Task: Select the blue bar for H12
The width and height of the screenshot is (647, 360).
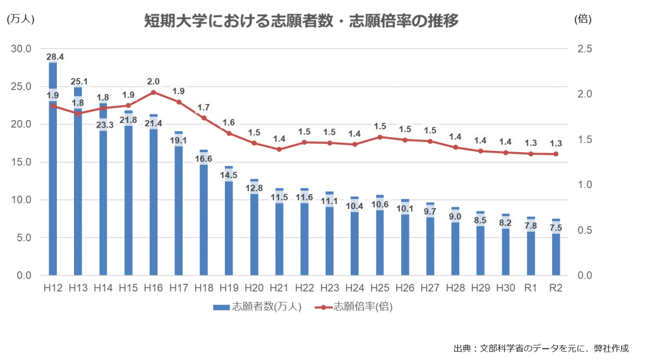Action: [x=53, y=189]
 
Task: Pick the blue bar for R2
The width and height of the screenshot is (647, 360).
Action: [x=556, y=256]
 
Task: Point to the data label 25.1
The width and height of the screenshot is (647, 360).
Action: [x=78, y=81]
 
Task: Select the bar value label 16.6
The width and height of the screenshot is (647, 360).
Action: [x=204, y=159]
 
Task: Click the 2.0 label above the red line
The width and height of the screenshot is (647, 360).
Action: [x=154, y=81]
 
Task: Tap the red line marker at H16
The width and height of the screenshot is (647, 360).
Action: [x=154, y=92]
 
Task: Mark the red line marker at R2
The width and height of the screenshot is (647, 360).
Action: [x=556, y=154]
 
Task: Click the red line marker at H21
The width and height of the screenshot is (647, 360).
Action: [x=279, y=149]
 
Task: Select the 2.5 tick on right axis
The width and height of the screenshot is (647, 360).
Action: [x=584, y=49]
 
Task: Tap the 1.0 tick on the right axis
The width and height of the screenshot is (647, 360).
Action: [x=584, y=185]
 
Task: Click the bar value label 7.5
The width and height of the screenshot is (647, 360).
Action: [x=556, y=228]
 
